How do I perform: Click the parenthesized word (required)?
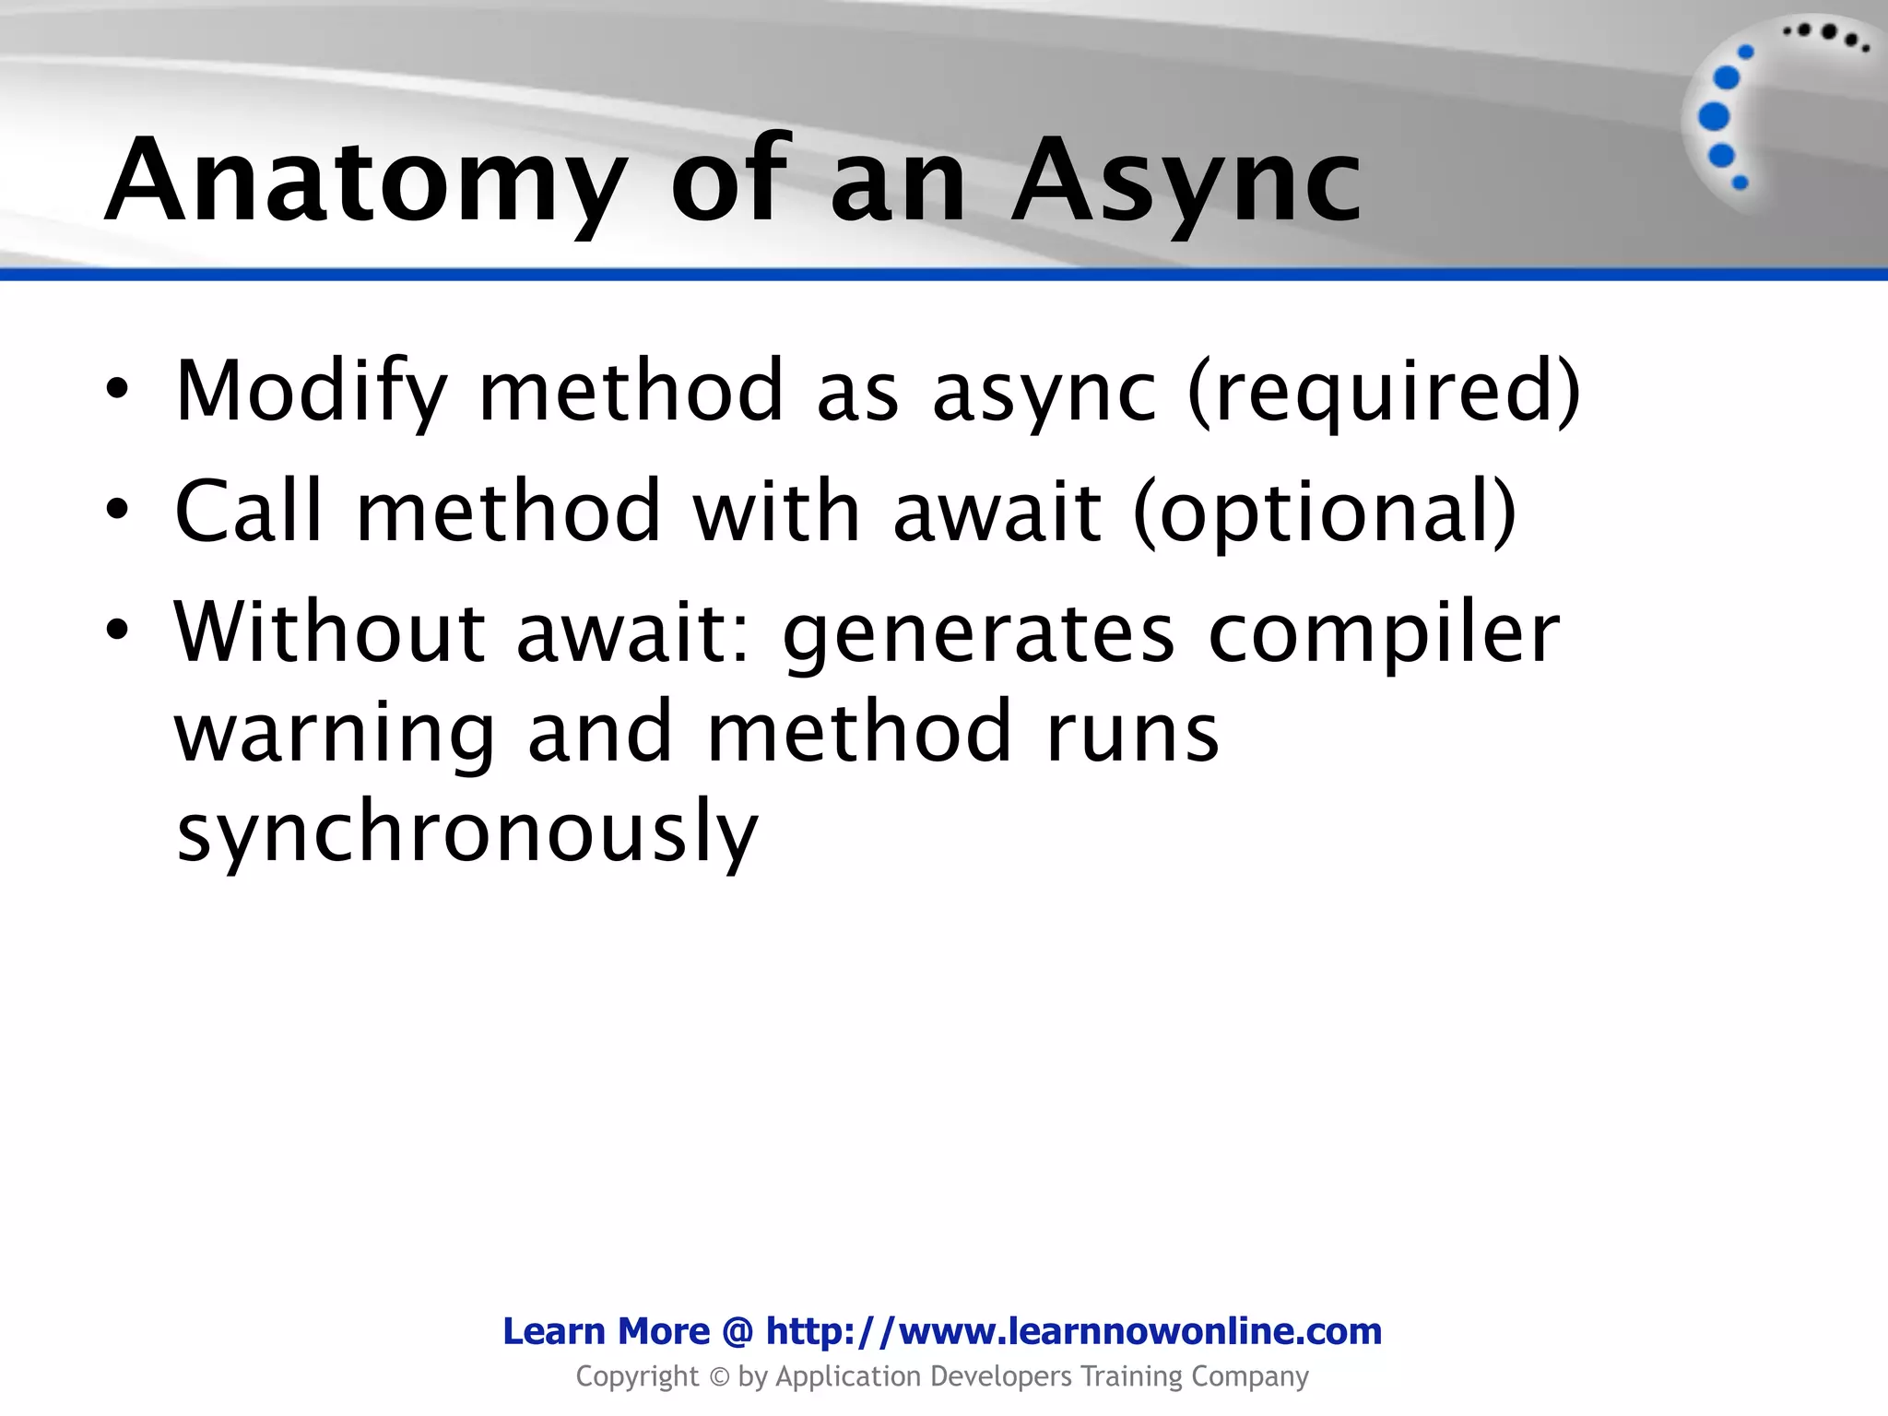tap(1384, 392)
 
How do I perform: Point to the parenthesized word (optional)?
tap(1324, 513)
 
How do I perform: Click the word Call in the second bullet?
tap(248, 511)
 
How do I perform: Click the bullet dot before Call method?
tap(117, 510)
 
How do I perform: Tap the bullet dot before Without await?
tap(117, 631)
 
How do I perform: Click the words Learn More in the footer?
tap(606, 1331)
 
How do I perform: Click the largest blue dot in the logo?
tap(1714, 117)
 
